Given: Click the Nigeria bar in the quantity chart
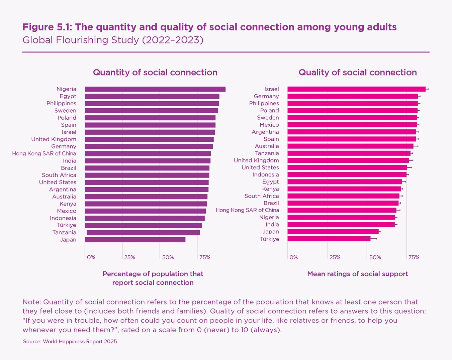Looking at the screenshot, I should click(155, 89).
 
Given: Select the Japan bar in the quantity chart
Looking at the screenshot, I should click(135, 240).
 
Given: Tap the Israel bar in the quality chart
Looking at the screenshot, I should click(356, 89).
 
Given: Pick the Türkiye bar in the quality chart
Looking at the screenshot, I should click(329, 239).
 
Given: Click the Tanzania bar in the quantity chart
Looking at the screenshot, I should click(143, 233).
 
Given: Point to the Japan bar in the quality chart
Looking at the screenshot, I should click(333, 232).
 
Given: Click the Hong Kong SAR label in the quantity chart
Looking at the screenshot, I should click(44, 153).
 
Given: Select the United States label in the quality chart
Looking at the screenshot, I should click(260, 167).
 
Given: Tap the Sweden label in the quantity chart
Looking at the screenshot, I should click(65, 111).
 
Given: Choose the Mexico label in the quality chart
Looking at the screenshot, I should click(269, 125).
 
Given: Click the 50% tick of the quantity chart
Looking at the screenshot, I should click(168, 257).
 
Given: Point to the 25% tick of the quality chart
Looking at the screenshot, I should click(335, 257).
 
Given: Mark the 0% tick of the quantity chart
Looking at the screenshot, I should click(91, 257).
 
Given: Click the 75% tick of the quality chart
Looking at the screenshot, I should click(414, 257).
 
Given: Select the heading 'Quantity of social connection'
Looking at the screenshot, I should click(155, 73).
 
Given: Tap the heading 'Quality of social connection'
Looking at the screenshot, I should click(358, 73).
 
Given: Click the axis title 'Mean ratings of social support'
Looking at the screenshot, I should click(358, 274).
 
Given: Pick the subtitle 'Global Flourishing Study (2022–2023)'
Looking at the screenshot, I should click(113, 40).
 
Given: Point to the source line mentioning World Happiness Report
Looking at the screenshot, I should click(70, 342).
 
